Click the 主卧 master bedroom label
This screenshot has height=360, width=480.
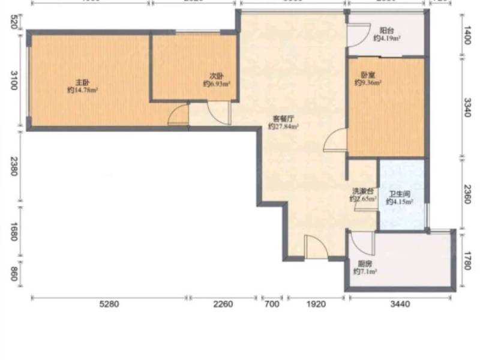(82, 82)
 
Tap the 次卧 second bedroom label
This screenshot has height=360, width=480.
(217, 76)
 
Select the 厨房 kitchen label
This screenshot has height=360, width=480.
(364, 263)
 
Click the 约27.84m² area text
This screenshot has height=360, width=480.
(283, 127)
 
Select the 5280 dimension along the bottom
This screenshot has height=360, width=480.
(109, 304)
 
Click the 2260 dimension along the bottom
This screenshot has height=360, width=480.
(223, 304)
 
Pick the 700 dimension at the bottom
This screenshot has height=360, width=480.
(272, 304)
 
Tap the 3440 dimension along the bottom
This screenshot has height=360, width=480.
(399, 304)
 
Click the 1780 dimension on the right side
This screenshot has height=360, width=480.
(468, 262)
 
